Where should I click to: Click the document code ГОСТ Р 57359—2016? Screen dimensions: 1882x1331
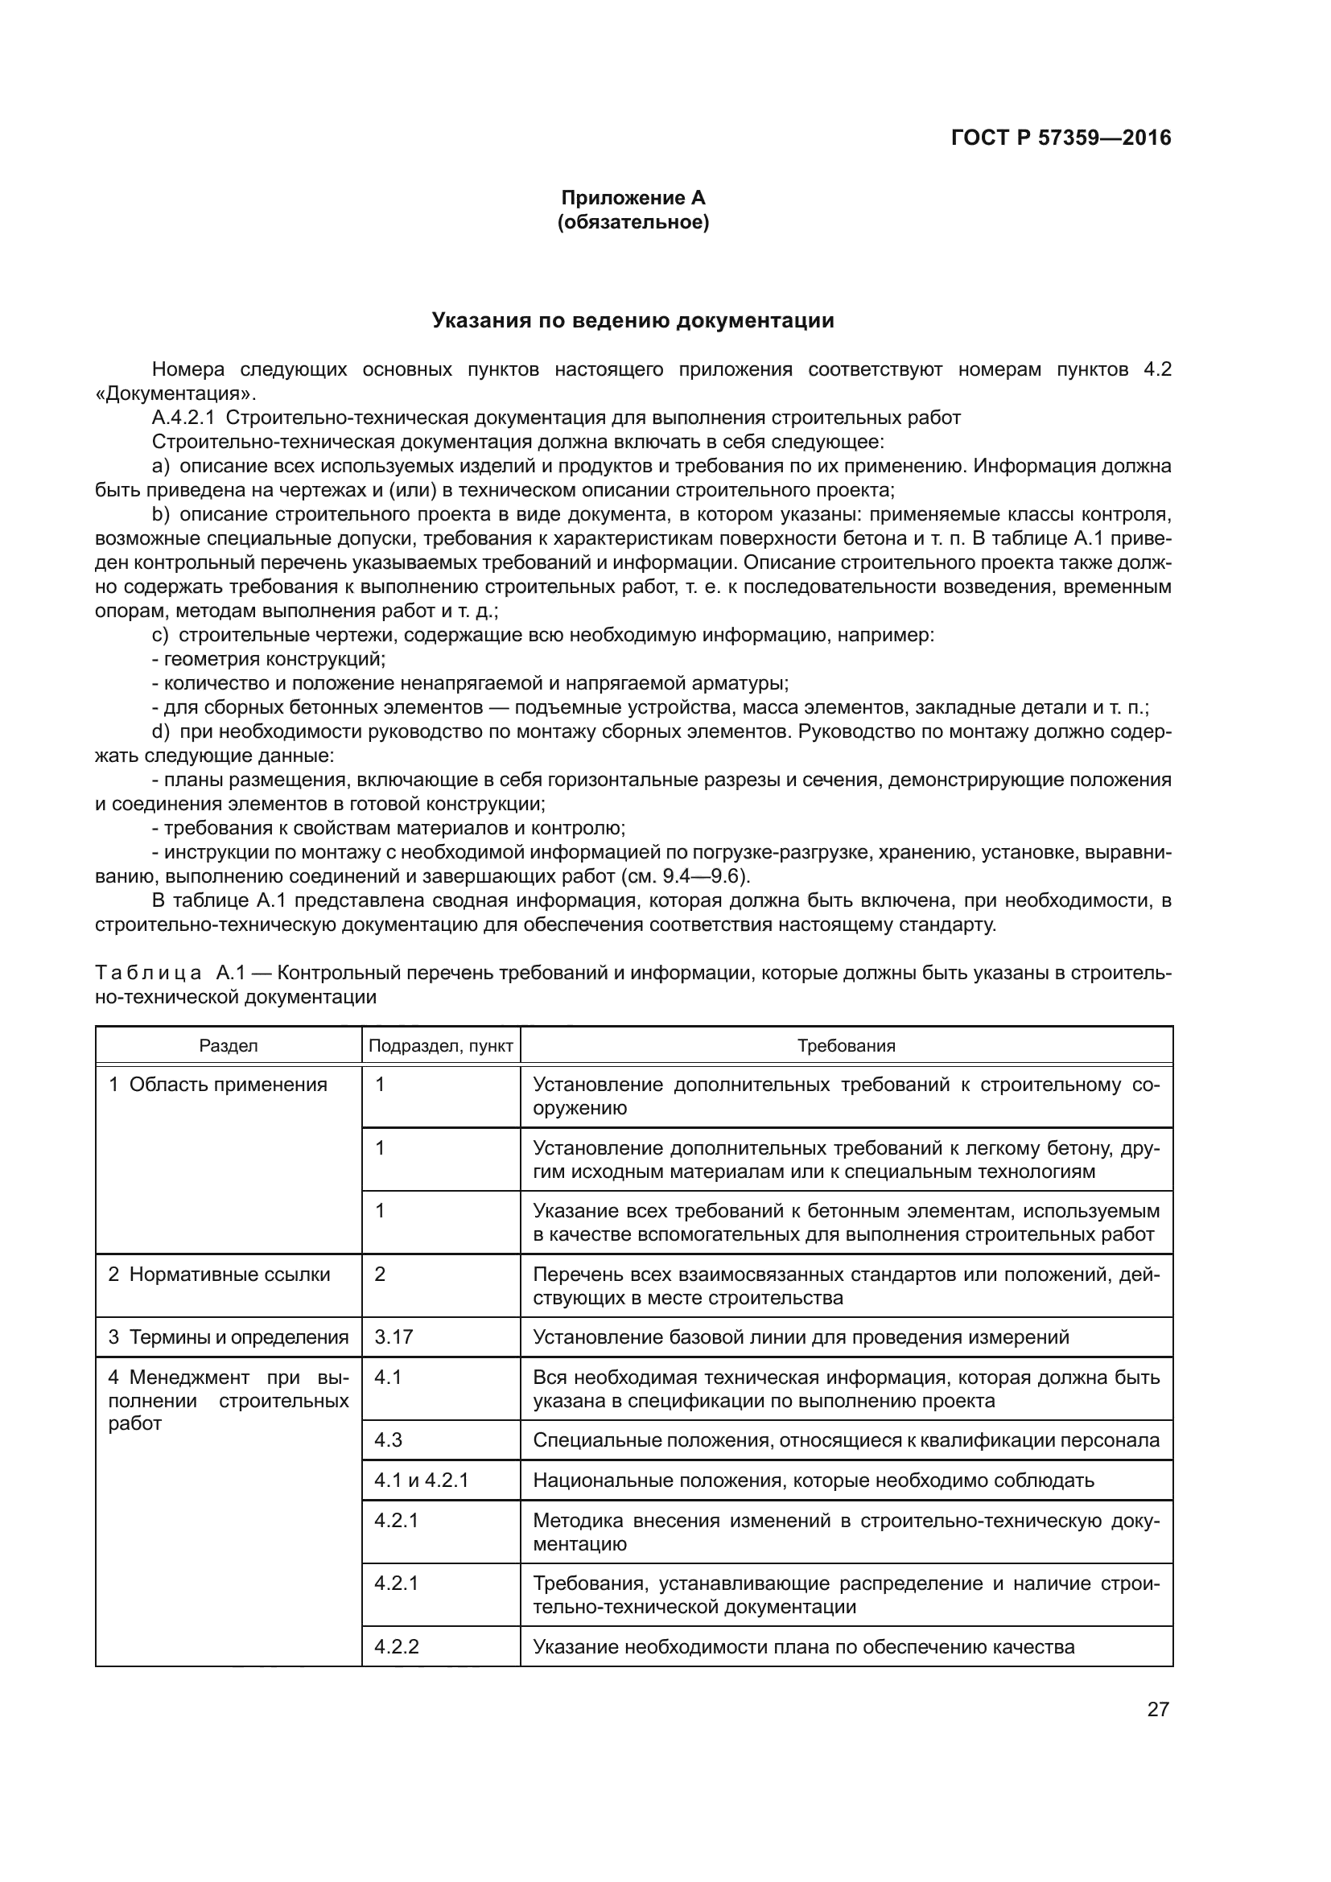coord(1061,138)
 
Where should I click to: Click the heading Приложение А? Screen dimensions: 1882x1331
coord(633,198)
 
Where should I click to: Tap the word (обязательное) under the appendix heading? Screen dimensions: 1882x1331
coord(633,222)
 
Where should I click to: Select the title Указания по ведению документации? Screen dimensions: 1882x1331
coord(633,320)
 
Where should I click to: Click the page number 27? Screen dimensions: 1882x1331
coord(1157,1709)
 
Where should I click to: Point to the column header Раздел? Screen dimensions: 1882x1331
coord(229,1046)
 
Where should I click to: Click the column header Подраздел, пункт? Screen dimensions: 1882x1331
coord(441,1046)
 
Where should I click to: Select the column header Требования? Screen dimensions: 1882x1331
coord(846,1046)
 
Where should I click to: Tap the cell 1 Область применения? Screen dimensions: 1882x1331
coord(218,1085)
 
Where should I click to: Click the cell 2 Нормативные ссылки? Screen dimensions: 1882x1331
coord(220,1275)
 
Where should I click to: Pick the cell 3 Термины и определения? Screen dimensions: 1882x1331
coord(229,1338)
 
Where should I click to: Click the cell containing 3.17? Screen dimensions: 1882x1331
coord(394,1338)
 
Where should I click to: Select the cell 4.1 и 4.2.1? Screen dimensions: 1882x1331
coord(421,1480)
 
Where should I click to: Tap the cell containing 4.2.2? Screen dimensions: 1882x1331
coord(397,1647)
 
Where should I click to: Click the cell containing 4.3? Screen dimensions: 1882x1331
coord(389,1440)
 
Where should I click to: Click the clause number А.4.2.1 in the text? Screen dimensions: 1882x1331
coord(183,418)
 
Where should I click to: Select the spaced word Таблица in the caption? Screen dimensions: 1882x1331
coord(147,973)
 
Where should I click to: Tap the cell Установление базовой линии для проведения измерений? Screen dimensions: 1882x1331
coord(801,1338)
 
